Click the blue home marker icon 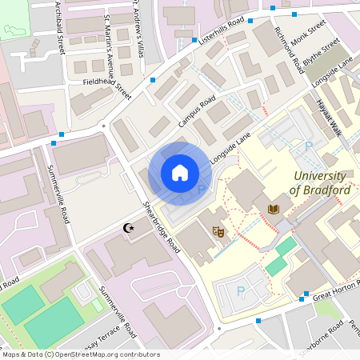coord(180,172)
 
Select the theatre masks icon coord(217,231)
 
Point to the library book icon coord(274,210)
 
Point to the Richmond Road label coord(289,50)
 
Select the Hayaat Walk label coord(328,118)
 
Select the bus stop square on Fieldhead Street coord(152,80)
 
